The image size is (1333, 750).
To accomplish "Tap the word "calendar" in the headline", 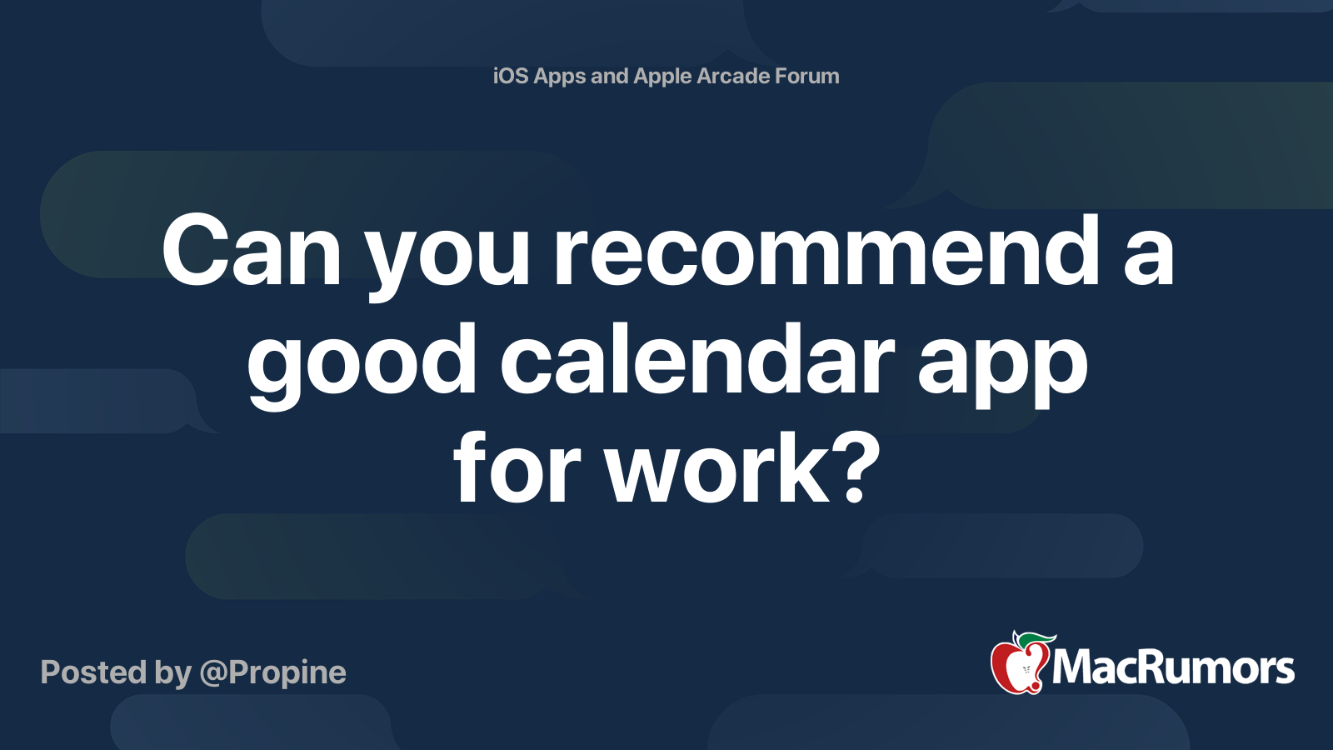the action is (x=697, y=359).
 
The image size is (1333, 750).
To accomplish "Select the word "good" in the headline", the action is (x=362, y=367).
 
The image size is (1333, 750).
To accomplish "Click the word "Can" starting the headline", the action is (x=252, y=250).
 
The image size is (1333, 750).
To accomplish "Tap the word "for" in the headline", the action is (x=517, y=467).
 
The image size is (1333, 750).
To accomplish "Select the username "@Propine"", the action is (x=272, y=672).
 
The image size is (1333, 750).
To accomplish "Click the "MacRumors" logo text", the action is (x=1173, y=667).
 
